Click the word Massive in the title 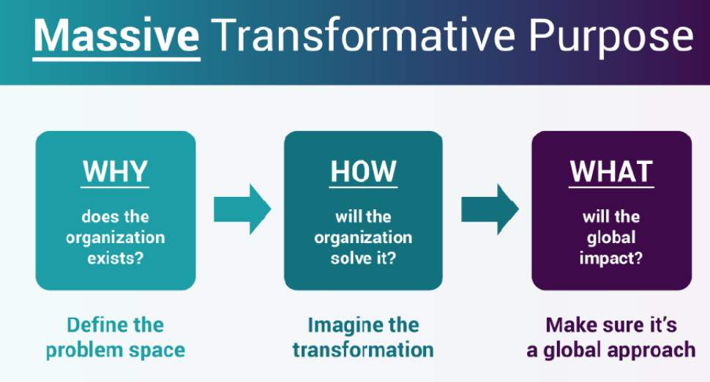coord(116,36)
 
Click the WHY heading coord(116,171)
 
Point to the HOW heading coord(363,171)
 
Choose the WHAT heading coord(611,171)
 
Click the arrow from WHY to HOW coord(242,209)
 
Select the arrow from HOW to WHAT coord(489,209)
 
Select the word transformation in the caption coord(363,349)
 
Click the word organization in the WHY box coord(116,238)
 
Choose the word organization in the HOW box coord(363,238)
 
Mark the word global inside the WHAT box coord(610,238)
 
